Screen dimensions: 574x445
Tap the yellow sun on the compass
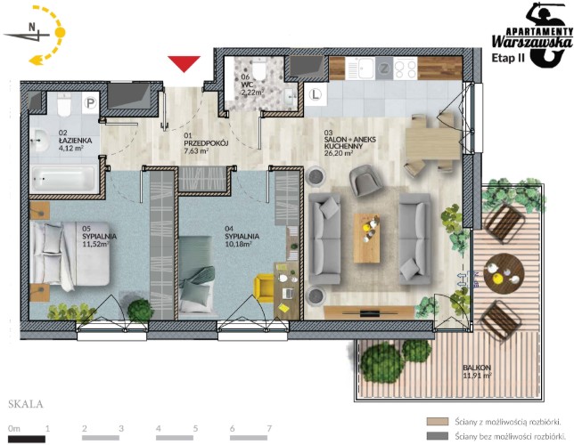[x=60, y=33]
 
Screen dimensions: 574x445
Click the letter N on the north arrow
[x=32, y=27]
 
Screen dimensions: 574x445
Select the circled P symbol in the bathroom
[x=90, y=102]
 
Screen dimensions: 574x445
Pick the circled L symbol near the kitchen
[x=315, y=95]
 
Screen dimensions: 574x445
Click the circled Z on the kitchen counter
[x=384, y=69]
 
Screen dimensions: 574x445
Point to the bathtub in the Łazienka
[x=63, y=179]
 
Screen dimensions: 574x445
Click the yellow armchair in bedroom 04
[x=265, y=288]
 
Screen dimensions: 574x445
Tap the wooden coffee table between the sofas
[x=366, y=238]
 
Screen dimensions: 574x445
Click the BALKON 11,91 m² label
[x=477, y=371]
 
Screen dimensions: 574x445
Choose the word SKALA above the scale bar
[x=26, y=404]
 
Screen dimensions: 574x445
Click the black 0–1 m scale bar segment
[x=27, y=439]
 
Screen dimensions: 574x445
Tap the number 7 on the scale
[x=269, y=428]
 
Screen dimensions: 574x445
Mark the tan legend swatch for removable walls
[x=438, y=422]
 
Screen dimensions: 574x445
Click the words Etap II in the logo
[x=508, y=58]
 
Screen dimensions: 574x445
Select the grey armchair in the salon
[x=365, y=181]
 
